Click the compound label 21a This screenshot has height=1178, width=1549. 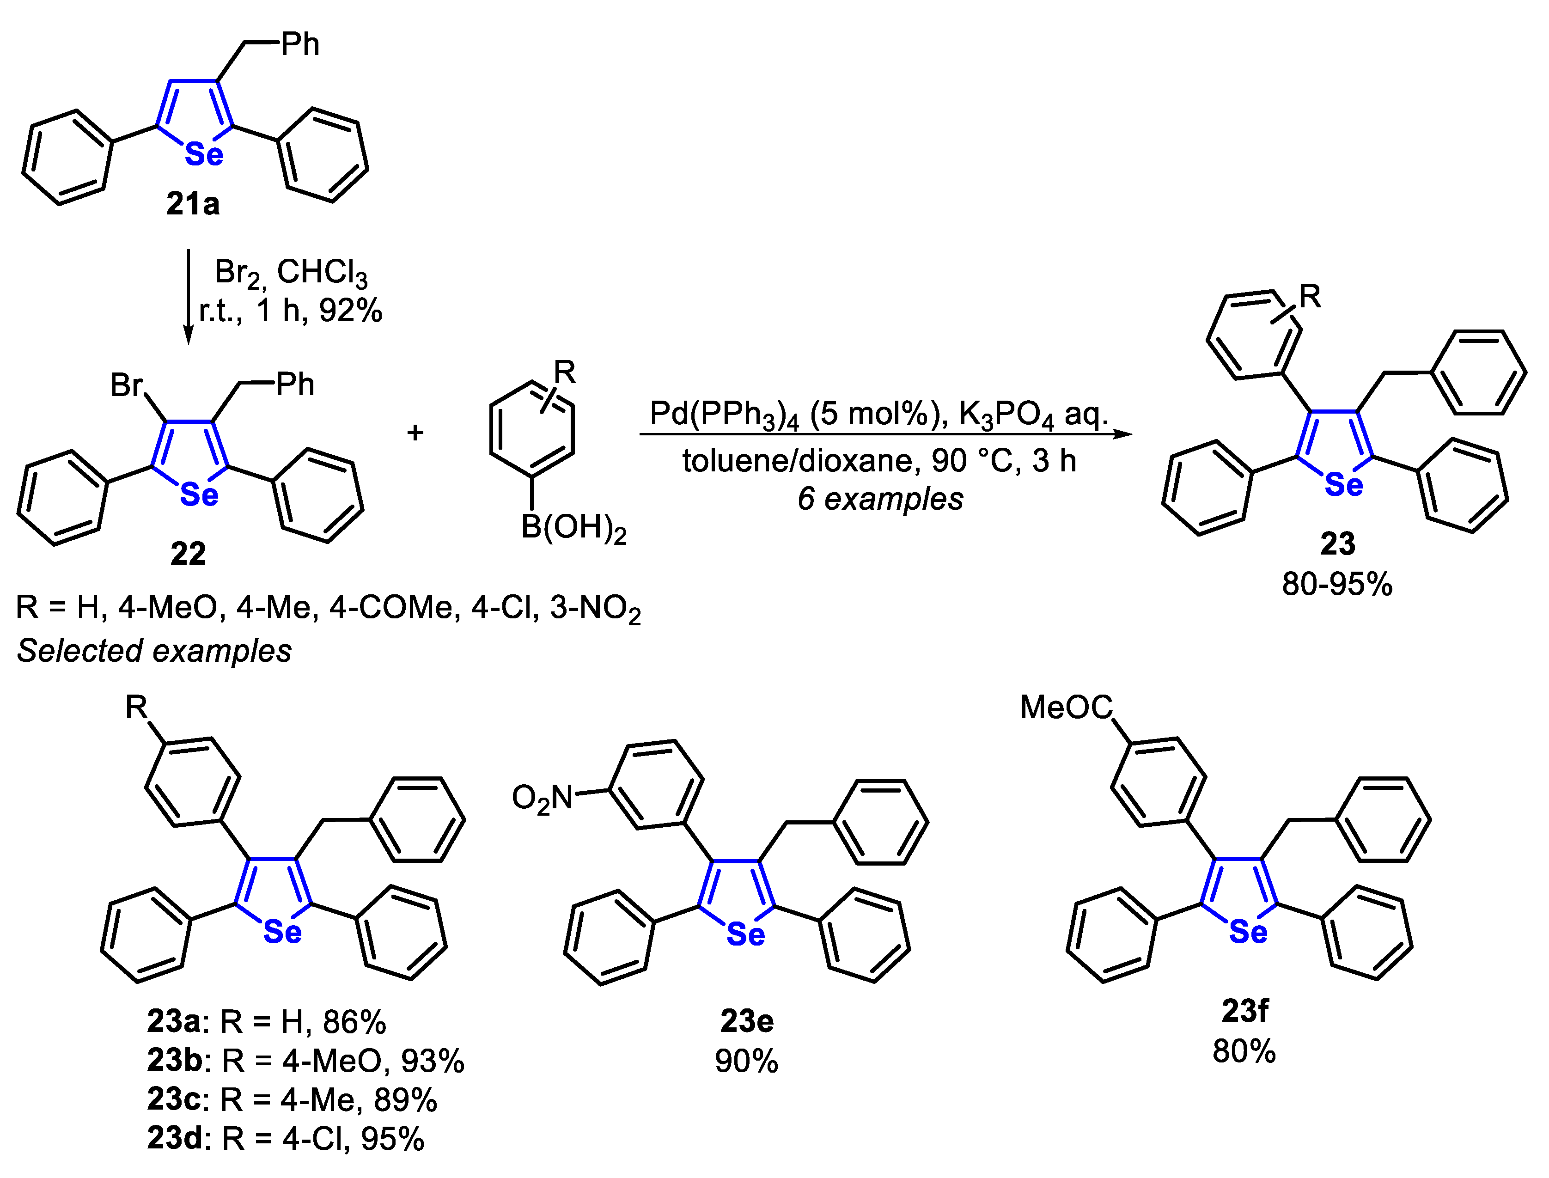tap(193, 204)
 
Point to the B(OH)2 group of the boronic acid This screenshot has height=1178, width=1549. tap(573, 527)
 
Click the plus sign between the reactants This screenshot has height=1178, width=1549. tap(415, 432)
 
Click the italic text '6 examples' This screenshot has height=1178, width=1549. tap(880, 499)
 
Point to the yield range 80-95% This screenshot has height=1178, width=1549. tap(1337, 584)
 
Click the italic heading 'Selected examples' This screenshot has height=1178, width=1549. tap(154, 651)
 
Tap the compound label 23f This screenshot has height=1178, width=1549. tap(1244, 1011)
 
